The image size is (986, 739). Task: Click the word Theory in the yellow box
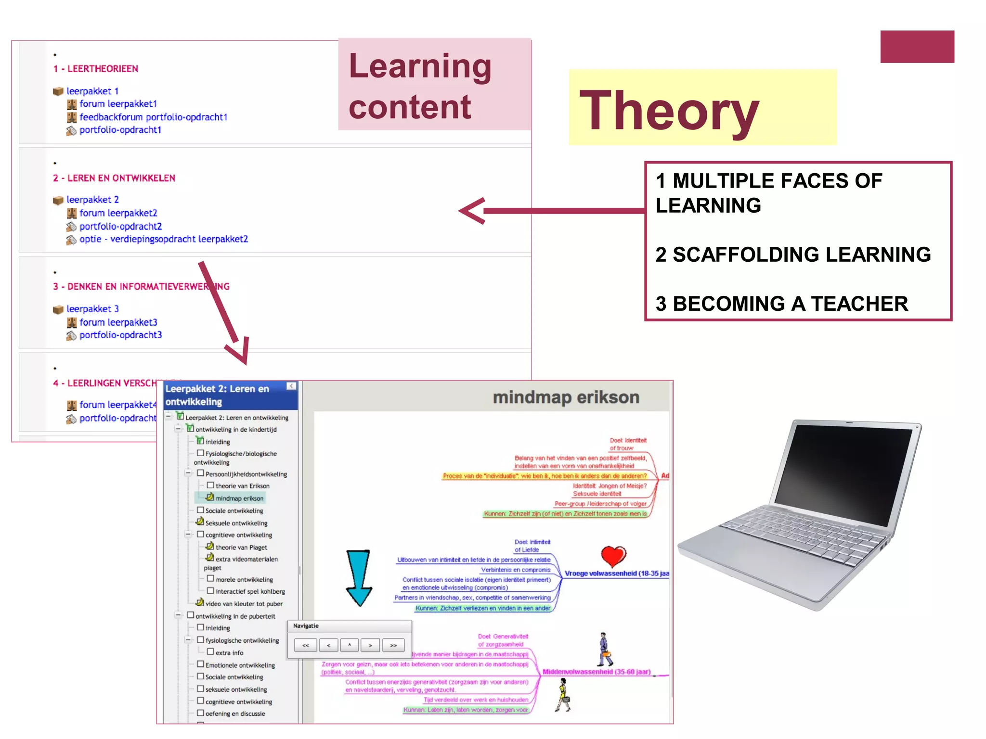(x=669, y=111)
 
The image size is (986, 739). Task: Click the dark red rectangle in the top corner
(x=917, y=47)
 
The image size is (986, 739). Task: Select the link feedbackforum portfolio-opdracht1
(x=153, y=117)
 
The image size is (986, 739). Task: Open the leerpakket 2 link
(x=92, y=200)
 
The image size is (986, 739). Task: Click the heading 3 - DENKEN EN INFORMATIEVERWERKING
(x=141, y=287)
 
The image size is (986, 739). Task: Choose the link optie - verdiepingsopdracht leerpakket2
(x=164, y=239)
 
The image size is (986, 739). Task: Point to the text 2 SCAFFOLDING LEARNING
(x=793, y=255)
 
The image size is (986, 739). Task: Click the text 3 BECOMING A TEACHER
(x=781, y=304)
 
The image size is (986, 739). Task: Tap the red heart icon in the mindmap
(x=613, y=556)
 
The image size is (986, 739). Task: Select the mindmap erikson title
(x=566, y=397)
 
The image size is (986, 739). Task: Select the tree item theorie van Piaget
(x=241, y=548)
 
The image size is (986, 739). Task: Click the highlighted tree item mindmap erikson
(x=239, y=498)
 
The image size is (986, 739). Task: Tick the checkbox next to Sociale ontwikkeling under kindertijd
(x=200, y=510)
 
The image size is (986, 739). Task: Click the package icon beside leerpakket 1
(x=58, y=91)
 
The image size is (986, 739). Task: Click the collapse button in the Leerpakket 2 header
(x=291, y=386)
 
